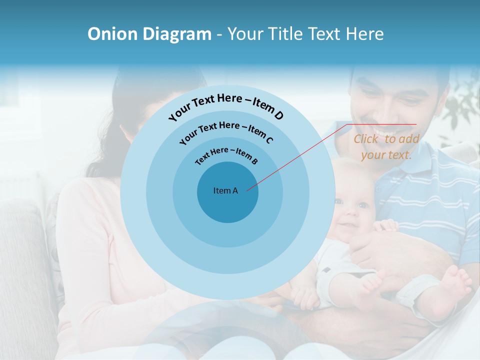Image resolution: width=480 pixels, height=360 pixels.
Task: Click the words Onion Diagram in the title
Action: click(149, 34)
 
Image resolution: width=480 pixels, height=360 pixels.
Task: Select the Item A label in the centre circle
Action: click(225, 190)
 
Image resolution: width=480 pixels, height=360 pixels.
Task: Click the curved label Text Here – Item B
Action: click(226, 155)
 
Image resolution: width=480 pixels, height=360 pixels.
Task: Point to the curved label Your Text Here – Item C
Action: click(226, 132)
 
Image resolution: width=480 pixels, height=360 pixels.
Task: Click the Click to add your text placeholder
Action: click(386, 147)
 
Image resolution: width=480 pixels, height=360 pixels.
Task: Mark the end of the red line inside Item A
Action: click(247, 189)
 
